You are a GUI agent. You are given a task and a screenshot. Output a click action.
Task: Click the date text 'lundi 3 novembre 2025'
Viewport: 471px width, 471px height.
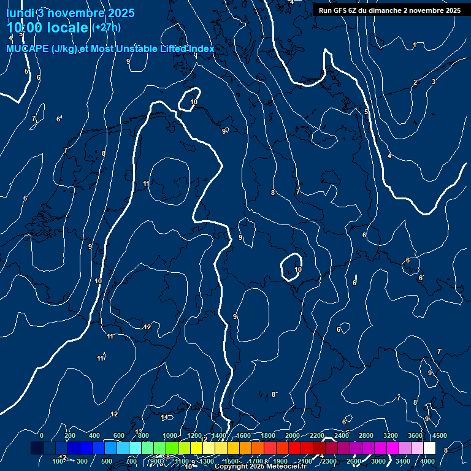pos(71,13)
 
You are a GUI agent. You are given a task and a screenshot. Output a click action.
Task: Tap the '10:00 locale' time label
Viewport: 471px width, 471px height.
pos(48,28)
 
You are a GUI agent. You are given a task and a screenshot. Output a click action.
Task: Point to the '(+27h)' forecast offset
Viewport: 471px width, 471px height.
pos(106,28)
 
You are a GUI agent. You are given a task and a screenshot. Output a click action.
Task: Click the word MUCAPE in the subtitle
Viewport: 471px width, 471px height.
pos(27,49)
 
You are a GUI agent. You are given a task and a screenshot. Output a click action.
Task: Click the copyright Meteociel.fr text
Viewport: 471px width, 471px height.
pos(260,466)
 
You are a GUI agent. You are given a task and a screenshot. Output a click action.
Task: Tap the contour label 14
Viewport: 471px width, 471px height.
pos(164,418)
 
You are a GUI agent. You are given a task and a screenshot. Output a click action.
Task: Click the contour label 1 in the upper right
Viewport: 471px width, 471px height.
pos(415,45)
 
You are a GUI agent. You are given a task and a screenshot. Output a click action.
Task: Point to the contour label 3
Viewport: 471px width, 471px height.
pos(434,82)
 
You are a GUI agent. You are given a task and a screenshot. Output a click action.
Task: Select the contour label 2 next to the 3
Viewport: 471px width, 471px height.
pos(415,82)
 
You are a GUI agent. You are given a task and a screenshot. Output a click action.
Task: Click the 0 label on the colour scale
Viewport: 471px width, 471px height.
pos(42,435)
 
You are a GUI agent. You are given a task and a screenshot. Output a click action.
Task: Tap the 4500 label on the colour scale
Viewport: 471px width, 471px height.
pos(439,435)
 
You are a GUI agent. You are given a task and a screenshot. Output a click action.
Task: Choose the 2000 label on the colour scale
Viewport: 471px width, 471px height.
pos(293,435)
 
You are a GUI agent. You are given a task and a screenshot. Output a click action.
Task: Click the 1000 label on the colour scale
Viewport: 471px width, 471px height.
pos(170,435)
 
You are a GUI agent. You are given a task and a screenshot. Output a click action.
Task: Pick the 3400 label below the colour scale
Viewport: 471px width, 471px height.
pos(403,461)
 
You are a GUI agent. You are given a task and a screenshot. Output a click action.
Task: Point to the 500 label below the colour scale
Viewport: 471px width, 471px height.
pos(107,461)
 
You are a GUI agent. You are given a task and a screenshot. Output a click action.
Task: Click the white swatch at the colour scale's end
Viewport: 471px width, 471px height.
pos(429,448)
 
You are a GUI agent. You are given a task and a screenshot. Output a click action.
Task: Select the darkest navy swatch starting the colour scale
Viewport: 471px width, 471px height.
pos(37,448)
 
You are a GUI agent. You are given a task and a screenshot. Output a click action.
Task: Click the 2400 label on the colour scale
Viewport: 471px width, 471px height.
pos(342,435)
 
